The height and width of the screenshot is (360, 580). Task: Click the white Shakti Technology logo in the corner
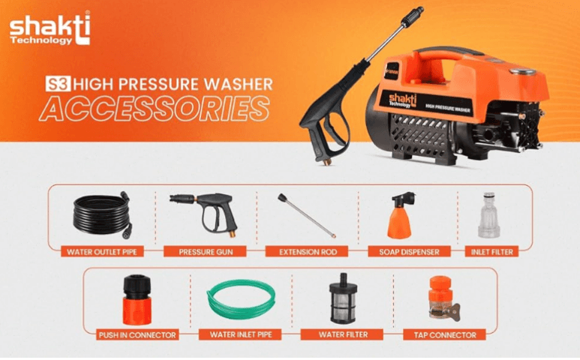tap(50, 28)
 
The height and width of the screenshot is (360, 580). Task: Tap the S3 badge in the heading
tap(58, 84)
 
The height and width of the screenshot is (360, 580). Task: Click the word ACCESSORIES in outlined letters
tap(155, 109)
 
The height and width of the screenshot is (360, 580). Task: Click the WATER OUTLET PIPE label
tap(102, 252)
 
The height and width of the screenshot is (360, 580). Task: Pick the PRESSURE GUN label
tap(206, 252)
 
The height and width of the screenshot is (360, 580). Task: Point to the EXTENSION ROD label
tap(308, 252)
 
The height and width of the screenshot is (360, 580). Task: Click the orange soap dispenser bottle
tap(401, 215)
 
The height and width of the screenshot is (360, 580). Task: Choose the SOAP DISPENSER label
tap(409, 252)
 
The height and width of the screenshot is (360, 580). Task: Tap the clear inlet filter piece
tap(489, 215)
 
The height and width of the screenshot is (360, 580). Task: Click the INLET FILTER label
tap(492, 252)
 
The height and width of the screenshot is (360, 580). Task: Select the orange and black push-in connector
tap(137, 300)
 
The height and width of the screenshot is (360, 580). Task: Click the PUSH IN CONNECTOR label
tap(137, 335)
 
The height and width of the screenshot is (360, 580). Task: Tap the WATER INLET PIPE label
tap(241, 334)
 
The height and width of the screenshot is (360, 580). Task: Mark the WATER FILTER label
tap(343, 334)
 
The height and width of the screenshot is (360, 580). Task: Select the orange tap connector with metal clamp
tap(443, 298)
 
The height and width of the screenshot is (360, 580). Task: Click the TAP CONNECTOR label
tap(445, 335)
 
